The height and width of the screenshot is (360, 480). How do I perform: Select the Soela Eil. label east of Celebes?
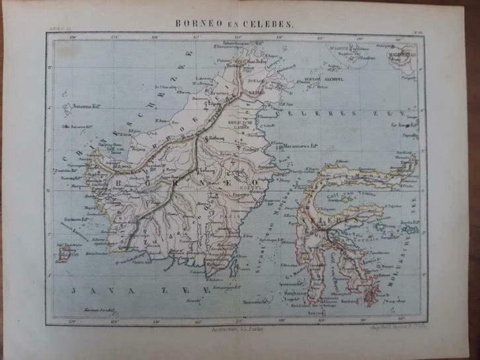[412, 222]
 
